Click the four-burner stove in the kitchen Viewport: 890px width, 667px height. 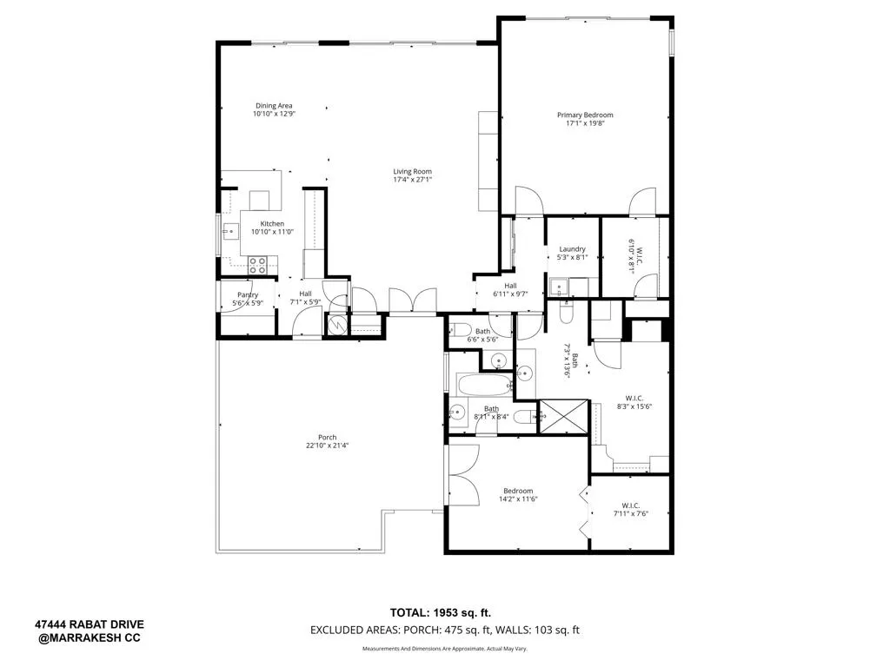point(258,264)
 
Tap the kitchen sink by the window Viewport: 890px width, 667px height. point(231,231)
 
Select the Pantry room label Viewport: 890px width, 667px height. point(247,294)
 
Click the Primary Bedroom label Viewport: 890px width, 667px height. point(585,115)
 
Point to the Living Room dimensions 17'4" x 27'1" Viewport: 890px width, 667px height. point(412,180)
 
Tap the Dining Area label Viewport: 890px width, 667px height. point(274,106)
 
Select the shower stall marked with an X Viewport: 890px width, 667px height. point(564,417)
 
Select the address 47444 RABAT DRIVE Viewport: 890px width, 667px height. point(90,624)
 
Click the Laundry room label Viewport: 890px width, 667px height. point(572,249)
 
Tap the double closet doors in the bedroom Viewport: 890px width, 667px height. point(463,476)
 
